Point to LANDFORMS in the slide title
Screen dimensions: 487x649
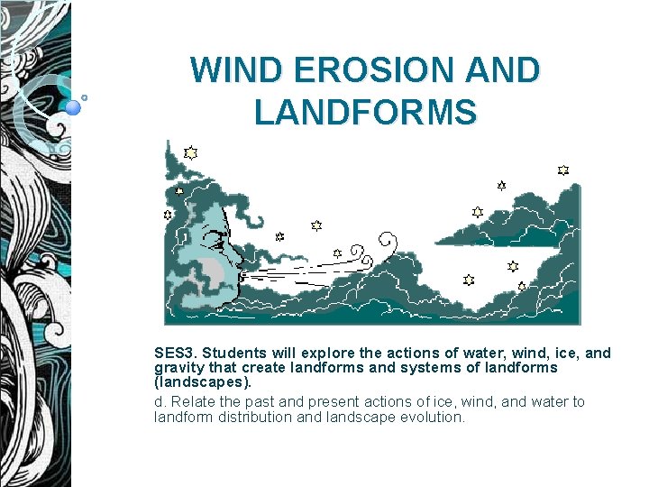[x=365, y=114]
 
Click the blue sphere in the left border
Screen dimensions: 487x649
[x=74, y=107]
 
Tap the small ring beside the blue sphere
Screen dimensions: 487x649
[x=85, y=96]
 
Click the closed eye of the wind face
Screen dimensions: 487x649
[x=215, y=240]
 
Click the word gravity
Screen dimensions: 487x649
[x=179, y=368]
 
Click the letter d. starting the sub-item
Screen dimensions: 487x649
[x=160, y=402]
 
